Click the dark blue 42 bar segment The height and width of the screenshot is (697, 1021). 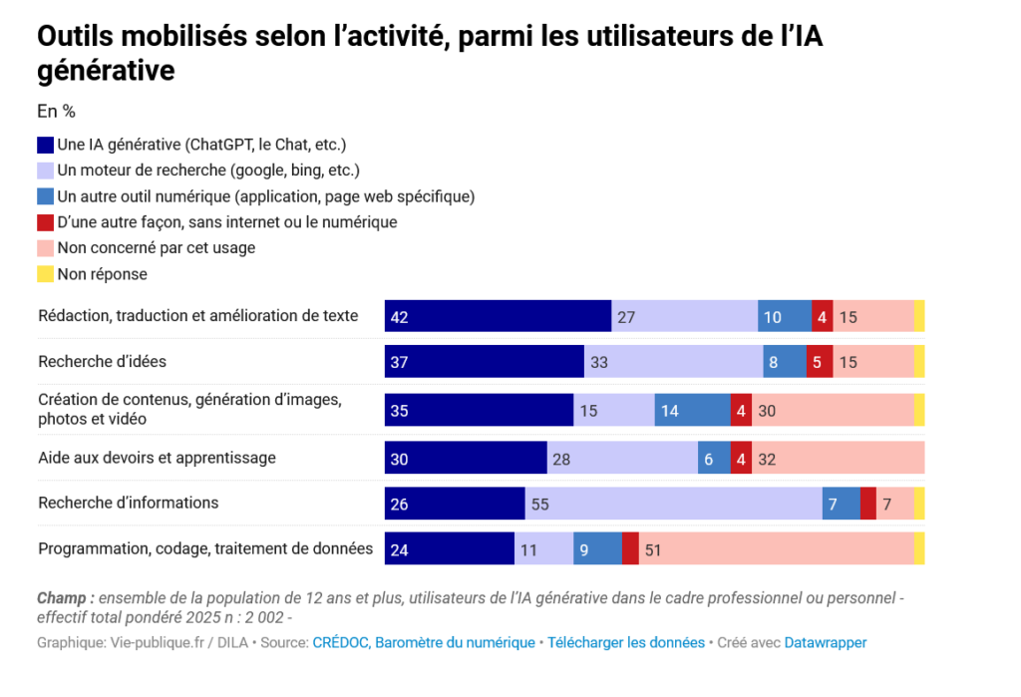pyautogui.click(x=498, y=316)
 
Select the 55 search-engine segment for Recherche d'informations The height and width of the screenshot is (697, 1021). pyautogui.click(x=673, y=504)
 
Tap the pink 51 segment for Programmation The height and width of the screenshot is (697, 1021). pyautogui.click(x=776, y=549)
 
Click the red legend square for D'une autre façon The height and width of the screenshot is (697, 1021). pyautogui.click(x=46, y=222)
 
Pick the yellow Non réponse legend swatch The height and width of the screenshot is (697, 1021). pyautogui.click(x=46, y=274)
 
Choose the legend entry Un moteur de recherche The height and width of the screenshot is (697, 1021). pyautogui.click(x=207, y=171)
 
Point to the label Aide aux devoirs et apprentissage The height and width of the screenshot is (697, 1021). pyautogui.click(x=157, y=458)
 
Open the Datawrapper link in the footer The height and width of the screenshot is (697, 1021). pyautogui.click(x=826, y=643)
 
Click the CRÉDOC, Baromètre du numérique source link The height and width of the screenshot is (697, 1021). pyautogui.click(x=424, y=643)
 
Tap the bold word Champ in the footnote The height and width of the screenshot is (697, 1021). pyautogui.click(x=65, y=598)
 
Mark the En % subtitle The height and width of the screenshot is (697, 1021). pyautogui.click(x=57, y=112)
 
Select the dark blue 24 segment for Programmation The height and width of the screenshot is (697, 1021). pyautogui.click(x=450, y=549)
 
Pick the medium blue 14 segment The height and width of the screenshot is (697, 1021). pyautogui.click(x=692, y=410)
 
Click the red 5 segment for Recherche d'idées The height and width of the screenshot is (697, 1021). pyautogui.click(x=817, y=362)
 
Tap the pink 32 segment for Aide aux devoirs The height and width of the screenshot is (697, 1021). pyautogui.click(x=838, y=458)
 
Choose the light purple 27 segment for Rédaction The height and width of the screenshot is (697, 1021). pyautogui.click(x=684, y=316)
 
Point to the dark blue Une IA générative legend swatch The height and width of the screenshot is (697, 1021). pyautogui.click(x=46, y=145)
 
